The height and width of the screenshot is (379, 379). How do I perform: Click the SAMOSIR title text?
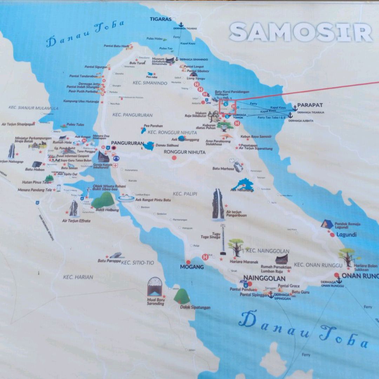click(301, 32)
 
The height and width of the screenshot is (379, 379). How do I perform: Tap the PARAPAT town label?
click(310, 105)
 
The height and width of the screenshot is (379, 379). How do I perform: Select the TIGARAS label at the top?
click(161, 19)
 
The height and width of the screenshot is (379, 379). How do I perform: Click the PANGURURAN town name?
click(127, 143)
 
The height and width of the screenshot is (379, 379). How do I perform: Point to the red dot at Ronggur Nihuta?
click(174, 158)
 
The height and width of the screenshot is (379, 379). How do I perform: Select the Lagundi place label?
click(346, 234)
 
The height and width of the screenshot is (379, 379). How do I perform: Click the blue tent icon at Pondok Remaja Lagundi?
click(327, 224)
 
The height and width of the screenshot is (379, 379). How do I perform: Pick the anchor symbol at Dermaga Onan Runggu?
click(339, 280)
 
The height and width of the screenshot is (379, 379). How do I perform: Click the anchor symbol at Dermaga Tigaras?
click(181, 25)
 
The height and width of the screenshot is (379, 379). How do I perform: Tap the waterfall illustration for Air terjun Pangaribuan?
click(218, 205)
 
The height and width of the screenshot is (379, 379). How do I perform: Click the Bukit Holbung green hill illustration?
click(103, 200)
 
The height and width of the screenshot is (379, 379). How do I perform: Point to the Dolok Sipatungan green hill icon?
click(182, 297)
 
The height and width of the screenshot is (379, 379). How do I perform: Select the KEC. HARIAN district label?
click(78, 277)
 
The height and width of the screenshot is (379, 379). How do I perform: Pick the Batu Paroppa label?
click(109, 261)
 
